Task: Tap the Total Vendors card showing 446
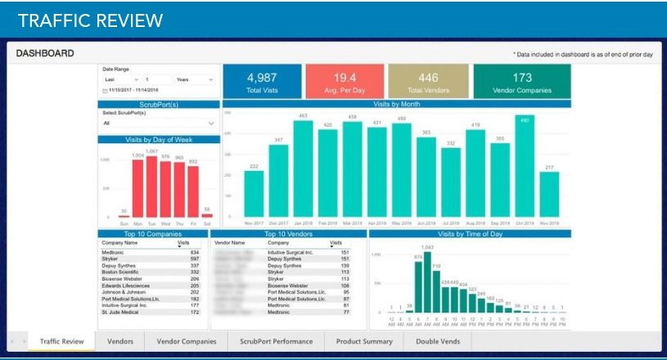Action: [x=428, y=82]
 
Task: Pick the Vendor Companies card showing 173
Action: [x=522, y=82]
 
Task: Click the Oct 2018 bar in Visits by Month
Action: [x=525, y=168]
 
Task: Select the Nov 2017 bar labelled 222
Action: [x=254, y=194]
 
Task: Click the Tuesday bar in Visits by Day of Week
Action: [x=151, y=187]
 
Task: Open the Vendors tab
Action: [x=120, y=341]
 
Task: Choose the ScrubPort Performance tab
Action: [x=276, y=341]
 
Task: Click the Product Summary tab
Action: [x=364, y=341]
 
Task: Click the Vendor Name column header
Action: [x=230, y=243]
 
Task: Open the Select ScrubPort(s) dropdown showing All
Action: [x=158, y=124]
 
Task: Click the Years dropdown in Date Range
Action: [x=194, y=79]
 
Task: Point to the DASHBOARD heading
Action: [x=45, y=53]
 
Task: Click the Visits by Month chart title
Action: [x=396, y=104]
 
